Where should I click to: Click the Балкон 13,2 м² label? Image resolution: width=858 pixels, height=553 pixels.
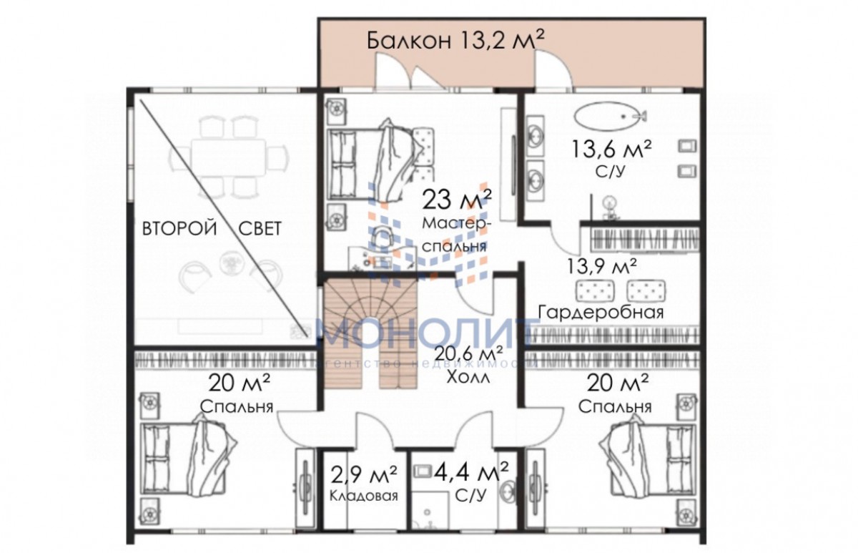pyautogui.click(x=455, y=40)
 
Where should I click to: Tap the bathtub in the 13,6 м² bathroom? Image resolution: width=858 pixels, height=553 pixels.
pyautogui.click(x=610, y=116)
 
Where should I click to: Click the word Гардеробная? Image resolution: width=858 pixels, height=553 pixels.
pyautogui.click(x=601, y=312)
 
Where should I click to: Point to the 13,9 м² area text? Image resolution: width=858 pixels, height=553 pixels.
pyautogui.click(x=602, y=266)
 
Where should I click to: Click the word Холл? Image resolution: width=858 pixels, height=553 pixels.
pyautogui.click(x=468, y=378)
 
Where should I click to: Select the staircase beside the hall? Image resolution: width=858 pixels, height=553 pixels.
pyautogui.click(x=370, y=333)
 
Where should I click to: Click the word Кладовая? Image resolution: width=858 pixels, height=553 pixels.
pyautogui.click(x=363, y=496)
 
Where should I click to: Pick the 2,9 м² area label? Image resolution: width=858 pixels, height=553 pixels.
pyautogui.click(x=363, y=476)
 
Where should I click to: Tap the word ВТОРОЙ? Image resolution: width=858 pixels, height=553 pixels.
pyautogui.click(x=179, y=229)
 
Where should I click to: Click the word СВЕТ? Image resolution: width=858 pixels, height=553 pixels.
pyautogui.click(x=260, y=229)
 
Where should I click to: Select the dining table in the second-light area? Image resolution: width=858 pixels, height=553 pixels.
pyautogui.click(x=229, y=157)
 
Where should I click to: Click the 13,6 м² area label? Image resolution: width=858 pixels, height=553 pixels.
pyautogui.click(x=611, y=149)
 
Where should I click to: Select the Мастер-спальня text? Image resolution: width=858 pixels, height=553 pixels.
pyautogui.click(x=455, y=235)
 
